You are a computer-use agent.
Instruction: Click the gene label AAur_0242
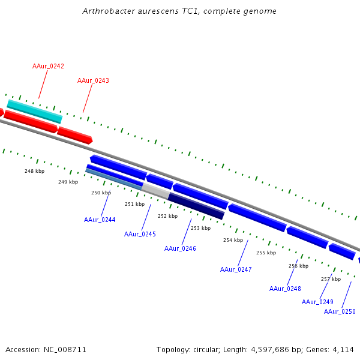tap(48, 66)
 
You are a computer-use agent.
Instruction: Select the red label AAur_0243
tap(93, 80)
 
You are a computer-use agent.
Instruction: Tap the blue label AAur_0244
tap(100, 220)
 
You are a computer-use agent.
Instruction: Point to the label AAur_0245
tap(140, 234)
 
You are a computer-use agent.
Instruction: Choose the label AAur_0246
tap(180, 248)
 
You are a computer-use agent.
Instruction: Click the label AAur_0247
tap(236, 269)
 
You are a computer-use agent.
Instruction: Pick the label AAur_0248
tap(285, 289)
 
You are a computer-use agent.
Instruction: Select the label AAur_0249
tap(317, 302)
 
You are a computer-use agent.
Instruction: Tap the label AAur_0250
tap(340, 311)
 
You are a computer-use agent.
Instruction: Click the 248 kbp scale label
tap(34, 171)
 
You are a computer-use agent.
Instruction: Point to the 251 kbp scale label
tap(134, 204)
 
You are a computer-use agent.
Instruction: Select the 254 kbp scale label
tap(233, 240)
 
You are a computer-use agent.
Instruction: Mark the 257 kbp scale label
tap(331, 279)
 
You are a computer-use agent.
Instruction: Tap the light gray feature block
tap(155, 191)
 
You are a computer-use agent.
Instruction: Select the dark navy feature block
tap(196, 205)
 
